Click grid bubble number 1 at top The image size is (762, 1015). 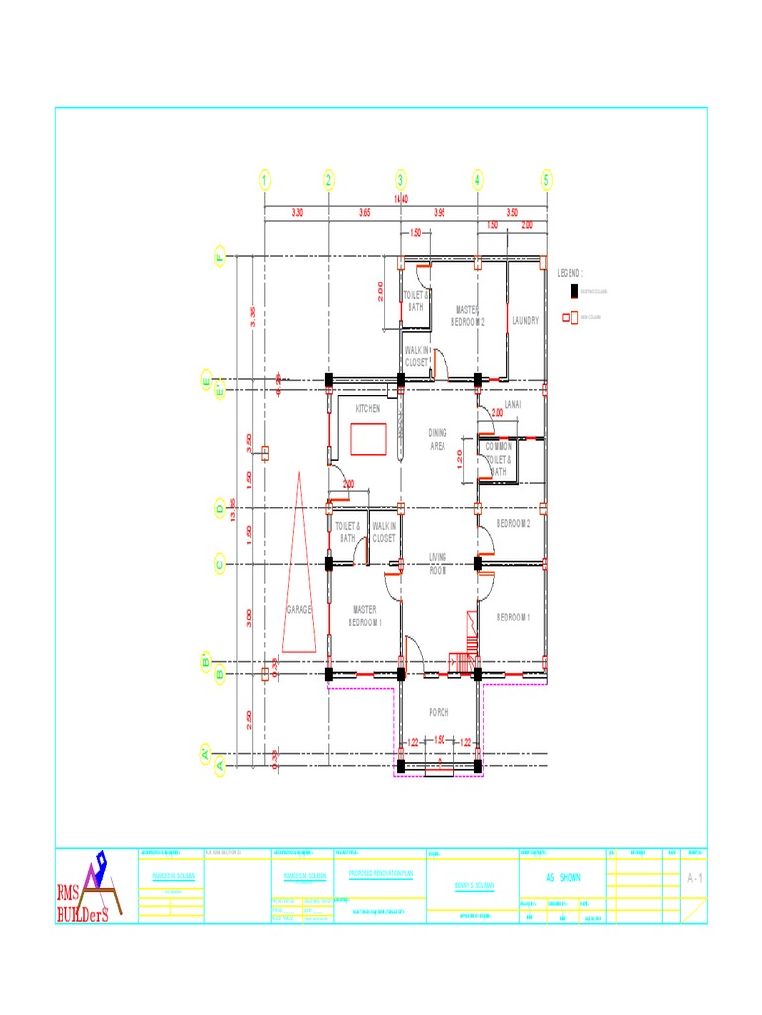[x=265, y=180]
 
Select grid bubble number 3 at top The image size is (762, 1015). [x=401, y=180]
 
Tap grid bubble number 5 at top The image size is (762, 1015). [x=546, y=180]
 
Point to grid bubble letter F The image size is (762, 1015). [x=219, y=258]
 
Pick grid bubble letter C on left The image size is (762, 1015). [x=219, y=565]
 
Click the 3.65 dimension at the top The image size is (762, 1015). [x=364, y=213]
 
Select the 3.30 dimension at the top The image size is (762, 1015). [x=297, y=213]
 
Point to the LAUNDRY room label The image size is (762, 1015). [x=525, y=321]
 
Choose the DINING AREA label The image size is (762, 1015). [x=438, y=440]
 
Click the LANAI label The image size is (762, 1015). [x=513, y=405]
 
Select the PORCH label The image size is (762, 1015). [x=439, y=712]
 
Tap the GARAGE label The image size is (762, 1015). [x=300, y=609]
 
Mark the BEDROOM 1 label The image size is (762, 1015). [x=514, y=617]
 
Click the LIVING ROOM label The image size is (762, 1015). [x=439, y=564]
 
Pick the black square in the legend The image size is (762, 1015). [x=571, y=291]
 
